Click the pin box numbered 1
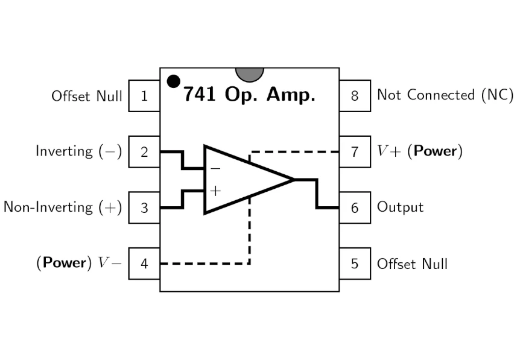point(144,96)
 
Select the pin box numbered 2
point(144,151)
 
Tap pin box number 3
point(144,207)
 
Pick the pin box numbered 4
point(144,264)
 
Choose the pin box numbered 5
point(355,264)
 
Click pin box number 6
point(355,207)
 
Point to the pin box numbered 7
point(355,151)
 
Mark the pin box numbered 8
point(355,96)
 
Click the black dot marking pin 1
point(173,81)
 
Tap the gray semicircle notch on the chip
point(250,74)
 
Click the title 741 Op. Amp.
point(249,95)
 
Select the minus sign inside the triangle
point(215,169)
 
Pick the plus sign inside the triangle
point(215,191)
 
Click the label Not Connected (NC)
point(445,95)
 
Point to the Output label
point(401,207)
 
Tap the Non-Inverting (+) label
point(63,207)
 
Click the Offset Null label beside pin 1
point(87,96)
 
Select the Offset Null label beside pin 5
point(412,264)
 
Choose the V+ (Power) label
point(420,151)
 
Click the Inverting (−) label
point(79,151)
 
